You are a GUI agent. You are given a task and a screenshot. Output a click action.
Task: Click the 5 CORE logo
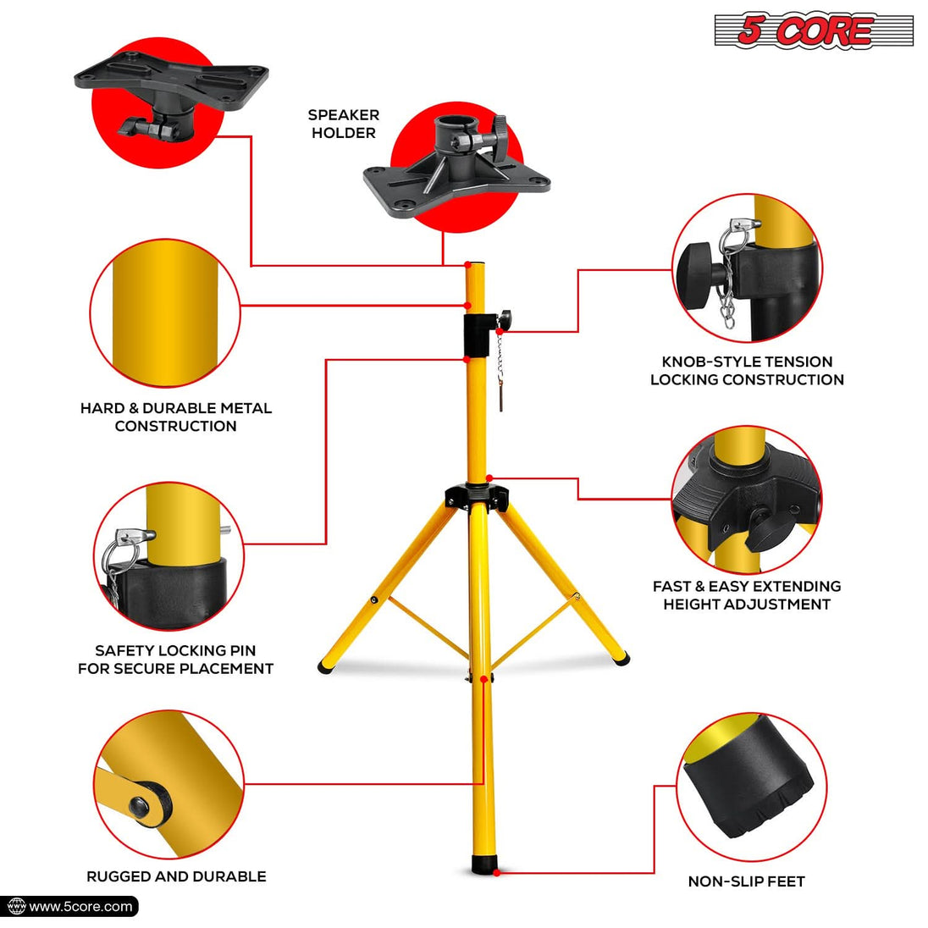tap(813, 31)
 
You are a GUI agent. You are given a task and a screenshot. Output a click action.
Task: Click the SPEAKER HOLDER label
tap(343, 124)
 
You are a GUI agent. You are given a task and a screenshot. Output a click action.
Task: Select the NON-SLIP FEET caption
tap(746, 881)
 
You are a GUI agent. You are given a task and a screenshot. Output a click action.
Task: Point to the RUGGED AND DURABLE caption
tap(176, 876)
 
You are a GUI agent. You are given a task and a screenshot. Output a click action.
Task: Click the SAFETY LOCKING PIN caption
tap(175, 660)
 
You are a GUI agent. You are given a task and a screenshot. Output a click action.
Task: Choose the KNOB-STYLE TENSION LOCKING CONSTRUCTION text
tap(747, 371)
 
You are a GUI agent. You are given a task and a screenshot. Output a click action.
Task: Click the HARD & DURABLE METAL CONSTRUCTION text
tap(176, 417)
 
